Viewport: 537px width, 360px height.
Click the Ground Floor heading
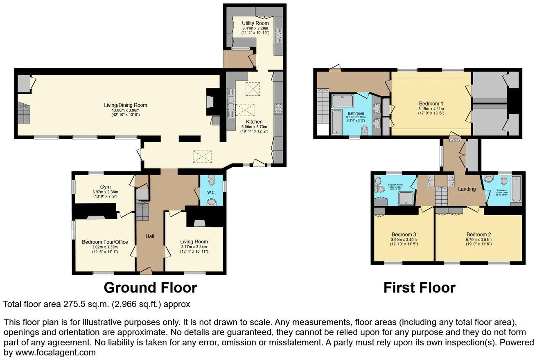coord(150,288)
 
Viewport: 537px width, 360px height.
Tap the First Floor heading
coord(419,288)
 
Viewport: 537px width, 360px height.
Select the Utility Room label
coord(255,23)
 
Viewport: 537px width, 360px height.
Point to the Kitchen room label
coord(254,122)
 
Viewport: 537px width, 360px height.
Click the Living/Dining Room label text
coord(125,105)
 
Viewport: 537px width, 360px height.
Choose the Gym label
coord(99,187)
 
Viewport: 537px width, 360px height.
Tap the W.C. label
coord(211,193)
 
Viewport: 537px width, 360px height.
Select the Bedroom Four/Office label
coord(105,242)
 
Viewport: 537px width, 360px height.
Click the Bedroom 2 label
coord(478,234)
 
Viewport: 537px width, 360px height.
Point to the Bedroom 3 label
coord(403,234)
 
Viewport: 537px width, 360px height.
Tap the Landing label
coord(467,189)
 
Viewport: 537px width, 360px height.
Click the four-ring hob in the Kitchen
coord(279,108)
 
